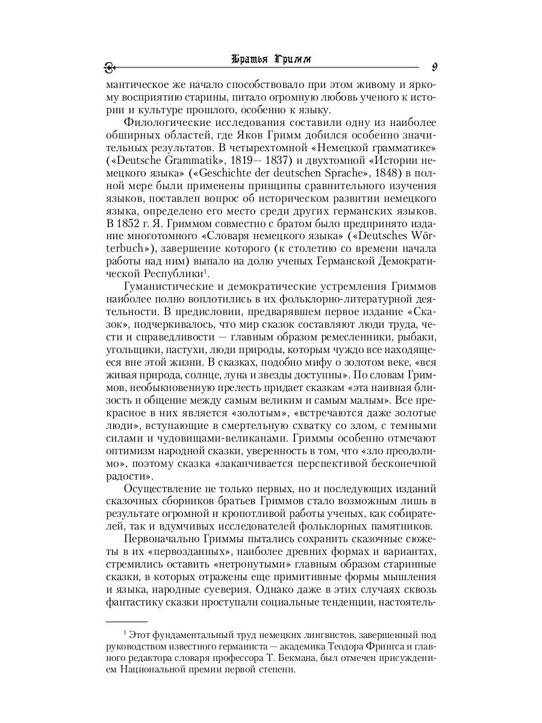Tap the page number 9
pyautogui.click(x=434, y=66)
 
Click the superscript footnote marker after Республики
pyautogui.click(x=205, y=271)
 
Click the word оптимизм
pyautogui.click(x=131, y=450)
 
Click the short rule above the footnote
pyautogui.click(x=126, y=621)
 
